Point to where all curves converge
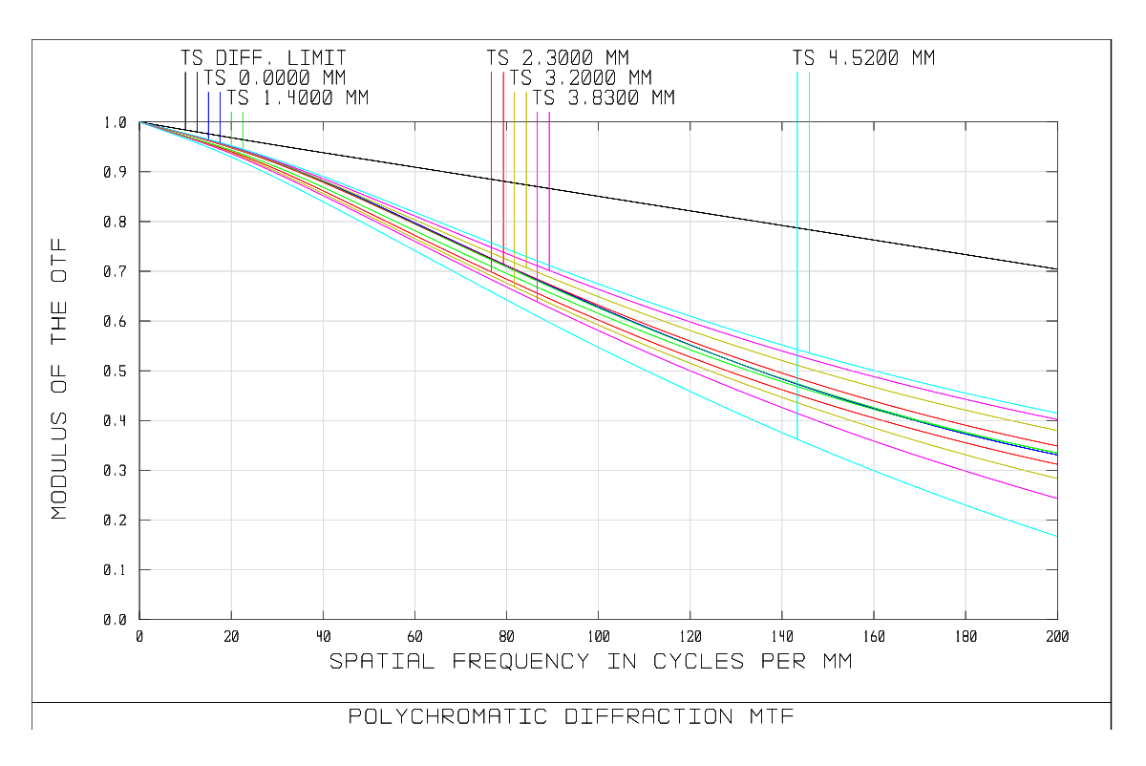140,122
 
